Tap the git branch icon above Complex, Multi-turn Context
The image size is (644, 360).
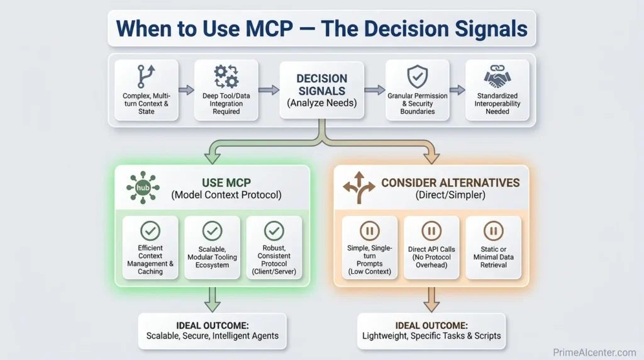(146, 76)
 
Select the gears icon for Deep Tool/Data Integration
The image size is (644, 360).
(226, 76)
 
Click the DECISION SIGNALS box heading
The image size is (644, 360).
(321, 84)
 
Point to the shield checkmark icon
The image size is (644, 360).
(417, 77)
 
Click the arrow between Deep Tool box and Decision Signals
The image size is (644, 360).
(269, 91)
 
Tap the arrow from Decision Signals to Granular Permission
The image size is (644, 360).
(375, 91)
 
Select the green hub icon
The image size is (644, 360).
(143, 187)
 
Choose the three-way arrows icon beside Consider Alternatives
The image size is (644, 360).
(358, 188)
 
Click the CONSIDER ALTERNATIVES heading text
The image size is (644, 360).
(450, 183)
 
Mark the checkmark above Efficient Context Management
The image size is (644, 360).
(150, 230)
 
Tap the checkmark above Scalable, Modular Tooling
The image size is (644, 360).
(212, 230)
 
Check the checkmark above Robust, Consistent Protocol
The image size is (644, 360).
(274, 230)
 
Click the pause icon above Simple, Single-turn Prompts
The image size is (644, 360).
(369, 231)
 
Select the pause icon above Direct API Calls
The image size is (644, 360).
(431, 231)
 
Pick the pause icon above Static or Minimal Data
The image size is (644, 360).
(493, 231)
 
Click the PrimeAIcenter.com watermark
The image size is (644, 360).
(594, 353)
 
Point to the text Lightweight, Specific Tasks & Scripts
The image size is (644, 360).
(431, 336)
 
